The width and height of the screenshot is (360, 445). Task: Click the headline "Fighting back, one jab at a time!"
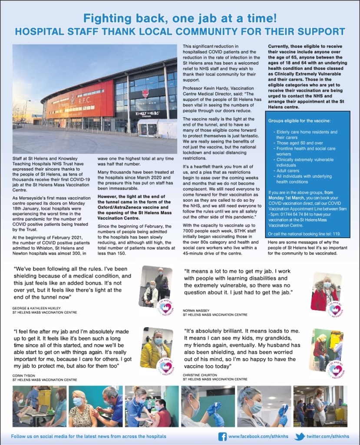point(180,18)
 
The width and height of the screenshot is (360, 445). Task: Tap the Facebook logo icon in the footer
point(222,436)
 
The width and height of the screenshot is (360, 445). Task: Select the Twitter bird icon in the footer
point(299,436)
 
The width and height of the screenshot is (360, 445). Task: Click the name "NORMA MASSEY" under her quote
point(196,310)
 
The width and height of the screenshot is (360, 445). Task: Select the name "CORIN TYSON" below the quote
point(24,375)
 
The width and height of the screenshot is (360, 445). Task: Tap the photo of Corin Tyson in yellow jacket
point(156,348)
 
